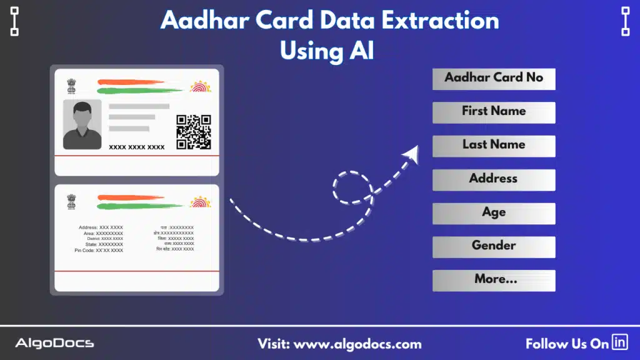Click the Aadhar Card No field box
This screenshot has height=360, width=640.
494,79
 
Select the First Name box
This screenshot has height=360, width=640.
494,112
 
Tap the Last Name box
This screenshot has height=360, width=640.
494,146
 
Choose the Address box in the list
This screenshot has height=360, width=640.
494,179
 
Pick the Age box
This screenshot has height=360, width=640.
494,213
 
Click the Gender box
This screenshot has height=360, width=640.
494,246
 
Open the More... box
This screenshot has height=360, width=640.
494,280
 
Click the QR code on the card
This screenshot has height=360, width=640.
193,132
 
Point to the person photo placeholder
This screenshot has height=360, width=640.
82,124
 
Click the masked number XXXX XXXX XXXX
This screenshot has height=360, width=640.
137,147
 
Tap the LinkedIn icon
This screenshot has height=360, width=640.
620,342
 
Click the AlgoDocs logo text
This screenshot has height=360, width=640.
54,343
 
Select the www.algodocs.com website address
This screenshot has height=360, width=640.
357,344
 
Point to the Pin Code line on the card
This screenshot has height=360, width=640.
99,250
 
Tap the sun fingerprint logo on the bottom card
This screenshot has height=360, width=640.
201,201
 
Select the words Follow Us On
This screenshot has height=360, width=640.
567,344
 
